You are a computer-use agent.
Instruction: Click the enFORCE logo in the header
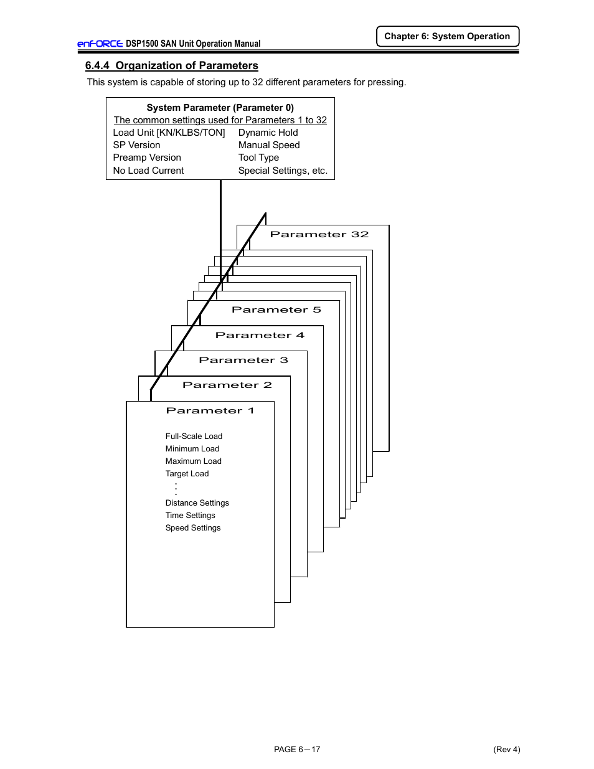coord(100,44)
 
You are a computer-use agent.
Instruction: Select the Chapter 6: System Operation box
coord(447,36)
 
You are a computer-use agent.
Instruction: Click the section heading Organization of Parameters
coord(172,65)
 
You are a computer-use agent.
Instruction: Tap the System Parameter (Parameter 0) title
coord(220,108)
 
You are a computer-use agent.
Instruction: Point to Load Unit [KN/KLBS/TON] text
coord(169,133)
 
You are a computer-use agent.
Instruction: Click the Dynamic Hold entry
coord(268,133)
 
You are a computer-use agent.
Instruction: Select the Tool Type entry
coord(258,158)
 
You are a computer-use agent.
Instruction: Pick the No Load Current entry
coord(148,171)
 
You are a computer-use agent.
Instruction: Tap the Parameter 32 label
coord(319,235)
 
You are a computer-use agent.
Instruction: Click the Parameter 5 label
coord(276,309)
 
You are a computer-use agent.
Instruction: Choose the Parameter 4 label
coord(260,335)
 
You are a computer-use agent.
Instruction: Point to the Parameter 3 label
coord(243,360)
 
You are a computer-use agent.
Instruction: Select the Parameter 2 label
coord(227,385)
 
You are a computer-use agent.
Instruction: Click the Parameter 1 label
coord(210,410)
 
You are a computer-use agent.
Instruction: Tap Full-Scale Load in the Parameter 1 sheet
coord(194,436)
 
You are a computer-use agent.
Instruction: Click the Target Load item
coord(187,474)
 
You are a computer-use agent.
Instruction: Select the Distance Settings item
coord(197,503)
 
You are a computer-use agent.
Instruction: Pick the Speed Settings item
coord(193,528)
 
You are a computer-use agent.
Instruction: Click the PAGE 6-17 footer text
coord(297,749)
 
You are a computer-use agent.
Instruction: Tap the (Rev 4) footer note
coord(506,749)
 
